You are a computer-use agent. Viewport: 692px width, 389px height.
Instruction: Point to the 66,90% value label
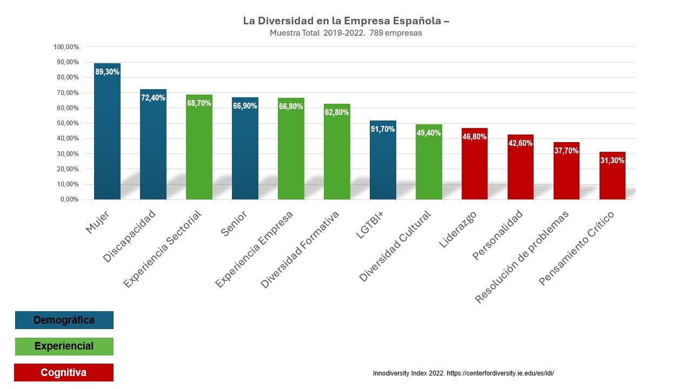(245, 106)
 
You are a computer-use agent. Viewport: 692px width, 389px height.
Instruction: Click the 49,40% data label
(429, 133)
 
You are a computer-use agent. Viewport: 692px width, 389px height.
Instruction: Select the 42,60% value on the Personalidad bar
(521, 143)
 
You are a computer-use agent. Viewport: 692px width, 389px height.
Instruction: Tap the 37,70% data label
(567, 151)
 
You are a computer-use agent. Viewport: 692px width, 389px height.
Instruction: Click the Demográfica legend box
(64, 320)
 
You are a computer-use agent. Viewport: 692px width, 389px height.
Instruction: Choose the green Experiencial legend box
(64, 346)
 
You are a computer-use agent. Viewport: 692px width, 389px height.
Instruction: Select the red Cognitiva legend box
(64, 372)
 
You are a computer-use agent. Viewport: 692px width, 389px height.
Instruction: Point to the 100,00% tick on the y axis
(66, 47)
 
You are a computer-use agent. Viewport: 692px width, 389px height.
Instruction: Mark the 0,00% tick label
(69, 199)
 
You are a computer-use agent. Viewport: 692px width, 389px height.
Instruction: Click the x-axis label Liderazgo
(458, 229)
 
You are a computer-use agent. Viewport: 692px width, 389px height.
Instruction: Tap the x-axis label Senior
(234, 223)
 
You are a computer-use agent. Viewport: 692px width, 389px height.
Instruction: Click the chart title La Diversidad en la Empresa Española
(346, 21)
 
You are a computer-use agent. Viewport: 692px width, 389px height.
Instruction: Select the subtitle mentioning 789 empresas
(346, 33)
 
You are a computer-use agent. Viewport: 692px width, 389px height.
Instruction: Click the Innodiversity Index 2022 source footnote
(463, 373)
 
